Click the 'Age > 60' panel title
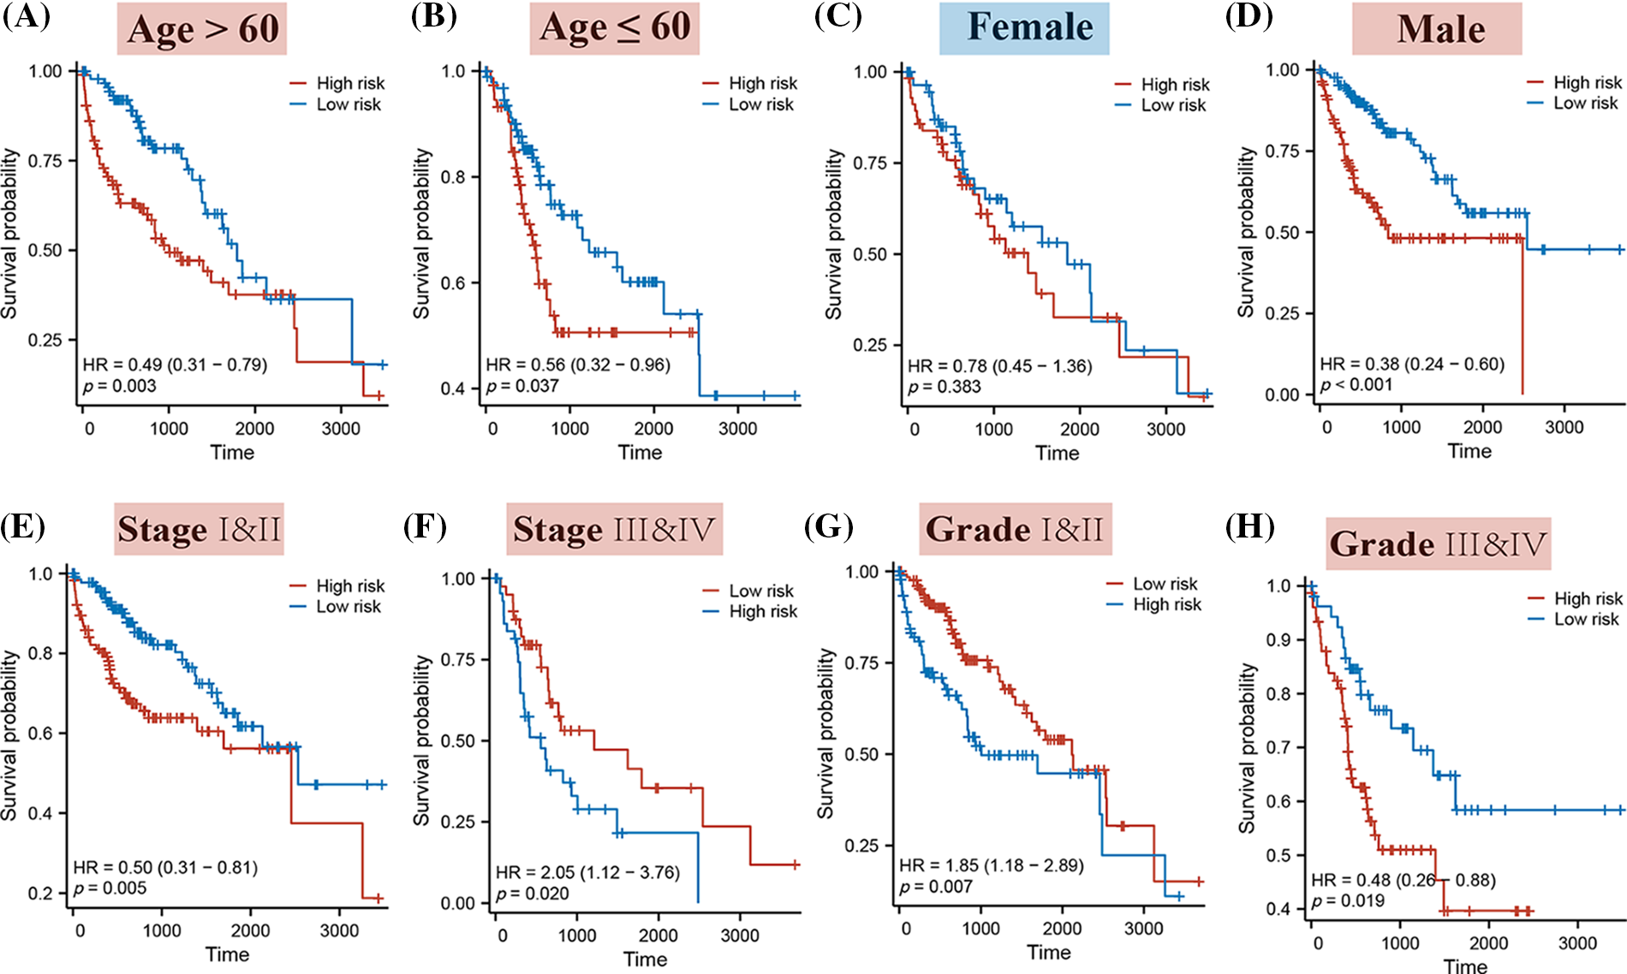(202, 28)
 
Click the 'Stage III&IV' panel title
(614, 529)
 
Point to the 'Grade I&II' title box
(1015, 529)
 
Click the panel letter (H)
(1249, 526)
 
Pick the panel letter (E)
(23, 526)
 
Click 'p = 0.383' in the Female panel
(945, 387)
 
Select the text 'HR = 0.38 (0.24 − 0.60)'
(1412, 364)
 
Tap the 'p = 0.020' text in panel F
(533, 894)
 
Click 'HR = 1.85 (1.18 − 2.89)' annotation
(991, 865)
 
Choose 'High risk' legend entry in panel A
(350, 83)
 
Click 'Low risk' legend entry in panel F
(760, 591)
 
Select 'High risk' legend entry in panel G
(1166, 604)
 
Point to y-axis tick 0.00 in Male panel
(1282, 395)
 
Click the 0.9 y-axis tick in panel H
(1278, 639)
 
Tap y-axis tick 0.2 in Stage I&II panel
(40, 893)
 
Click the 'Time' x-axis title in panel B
(640, 452)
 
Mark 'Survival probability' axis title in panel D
(1246, 231)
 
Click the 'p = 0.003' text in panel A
(120, 386)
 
